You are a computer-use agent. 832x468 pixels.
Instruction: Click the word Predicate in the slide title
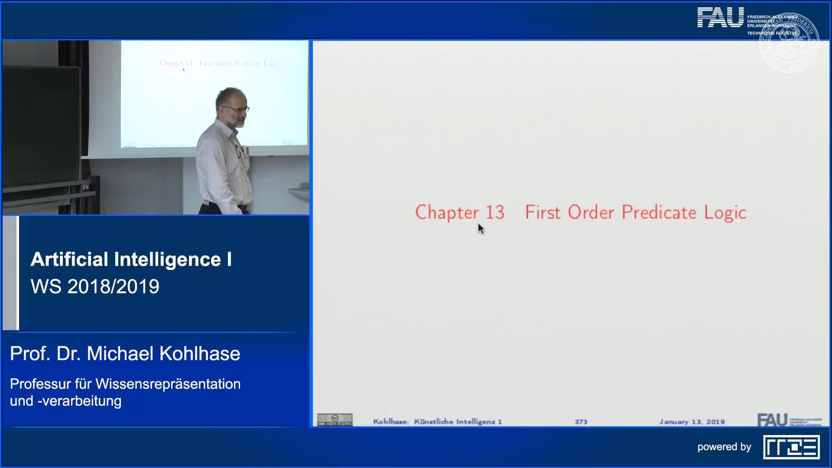[659, 212]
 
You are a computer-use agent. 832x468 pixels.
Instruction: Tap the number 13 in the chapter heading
[494, 212]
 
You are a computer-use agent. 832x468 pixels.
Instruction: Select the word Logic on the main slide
[725, 213]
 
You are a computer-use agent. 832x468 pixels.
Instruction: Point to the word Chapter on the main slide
[447, 213]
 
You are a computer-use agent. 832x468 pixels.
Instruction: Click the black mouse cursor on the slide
[481, 228]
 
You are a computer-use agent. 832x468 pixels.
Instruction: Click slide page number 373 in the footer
[581, 422]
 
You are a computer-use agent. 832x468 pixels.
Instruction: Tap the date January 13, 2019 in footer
[692, 422]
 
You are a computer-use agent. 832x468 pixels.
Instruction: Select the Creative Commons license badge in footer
[335, 419]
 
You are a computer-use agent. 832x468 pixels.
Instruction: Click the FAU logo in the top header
[720, 18]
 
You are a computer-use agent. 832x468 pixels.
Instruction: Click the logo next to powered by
[791, 447]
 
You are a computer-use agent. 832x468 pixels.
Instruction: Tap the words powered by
[724, 447]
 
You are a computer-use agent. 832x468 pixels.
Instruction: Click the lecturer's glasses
[237, 109]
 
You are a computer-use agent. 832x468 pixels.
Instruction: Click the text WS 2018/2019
[95, 286]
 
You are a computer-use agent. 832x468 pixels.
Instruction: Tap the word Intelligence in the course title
[168, 260]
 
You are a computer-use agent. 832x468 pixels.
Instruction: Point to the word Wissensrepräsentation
[168, 384]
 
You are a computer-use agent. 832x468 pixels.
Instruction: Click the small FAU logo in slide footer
[772, 419]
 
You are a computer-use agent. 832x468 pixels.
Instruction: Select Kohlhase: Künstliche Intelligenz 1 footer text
[437, 422]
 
